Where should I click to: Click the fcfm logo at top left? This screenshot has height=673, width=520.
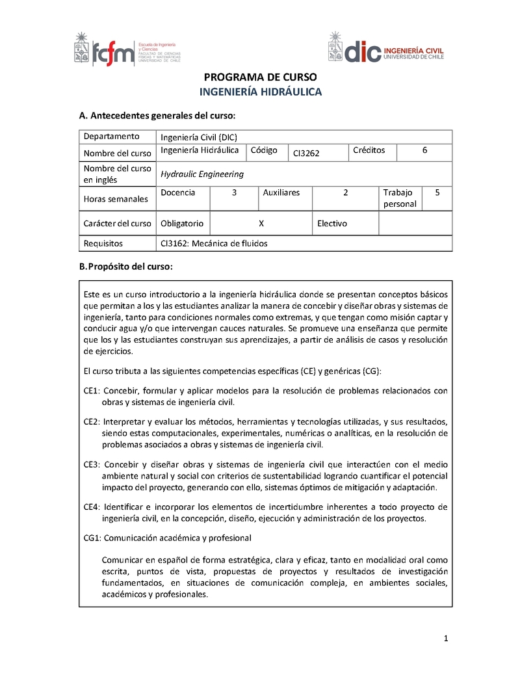coord(127,50)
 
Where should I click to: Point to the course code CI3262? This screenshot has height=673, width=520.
coord(306,153)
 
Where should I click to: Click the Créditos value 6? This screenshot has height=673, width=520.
coord(424,150)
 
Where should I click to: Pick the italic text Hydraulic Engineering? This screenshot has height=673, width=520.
coord(202,174)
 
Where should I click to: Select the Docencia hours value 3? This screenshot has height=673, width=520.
coord(234,192)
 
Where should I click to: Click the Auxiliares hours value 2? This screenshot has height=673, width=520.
coord(346,192)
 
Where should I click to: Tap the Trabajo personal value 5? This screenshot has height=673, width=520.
coord(437,192)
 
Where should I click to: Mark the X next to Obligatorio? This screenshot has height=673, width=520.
coord(261,223)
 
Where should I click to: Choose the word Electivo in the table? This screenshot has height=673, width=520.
coord(332,223)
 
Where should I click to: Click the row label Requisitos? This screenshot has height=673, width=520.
coord(103,244)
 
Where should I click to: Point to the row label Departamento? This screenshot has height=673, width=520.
coord(112,137)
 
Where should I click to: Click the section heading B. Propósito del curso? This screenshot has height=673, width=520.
coord(125,267)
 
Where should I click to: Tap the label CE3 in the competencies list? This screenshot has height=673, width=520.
coord(90,464)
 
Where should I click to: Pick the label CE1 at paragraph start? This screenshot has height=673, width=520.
coord(90,391)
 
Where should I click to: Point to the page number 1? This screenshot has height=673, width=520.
coord(447,639)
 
